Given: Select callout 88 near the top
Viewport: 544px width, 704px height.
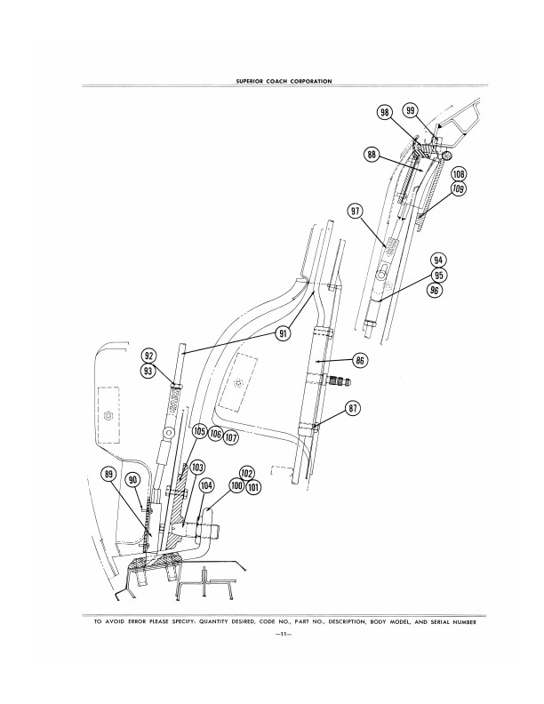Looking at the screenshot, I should click(372, 155).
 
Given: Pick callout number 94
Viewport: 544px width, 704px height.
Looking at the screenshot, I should click(437, 260).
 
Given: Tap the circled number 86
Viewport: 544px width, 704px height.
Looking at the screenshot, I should click(360, 361).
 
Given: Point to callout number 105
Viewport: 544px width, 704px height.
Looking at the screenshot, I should click(199, 431).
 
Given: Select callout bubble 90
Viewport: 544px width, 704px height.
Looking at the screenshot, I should click(134, 480).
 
